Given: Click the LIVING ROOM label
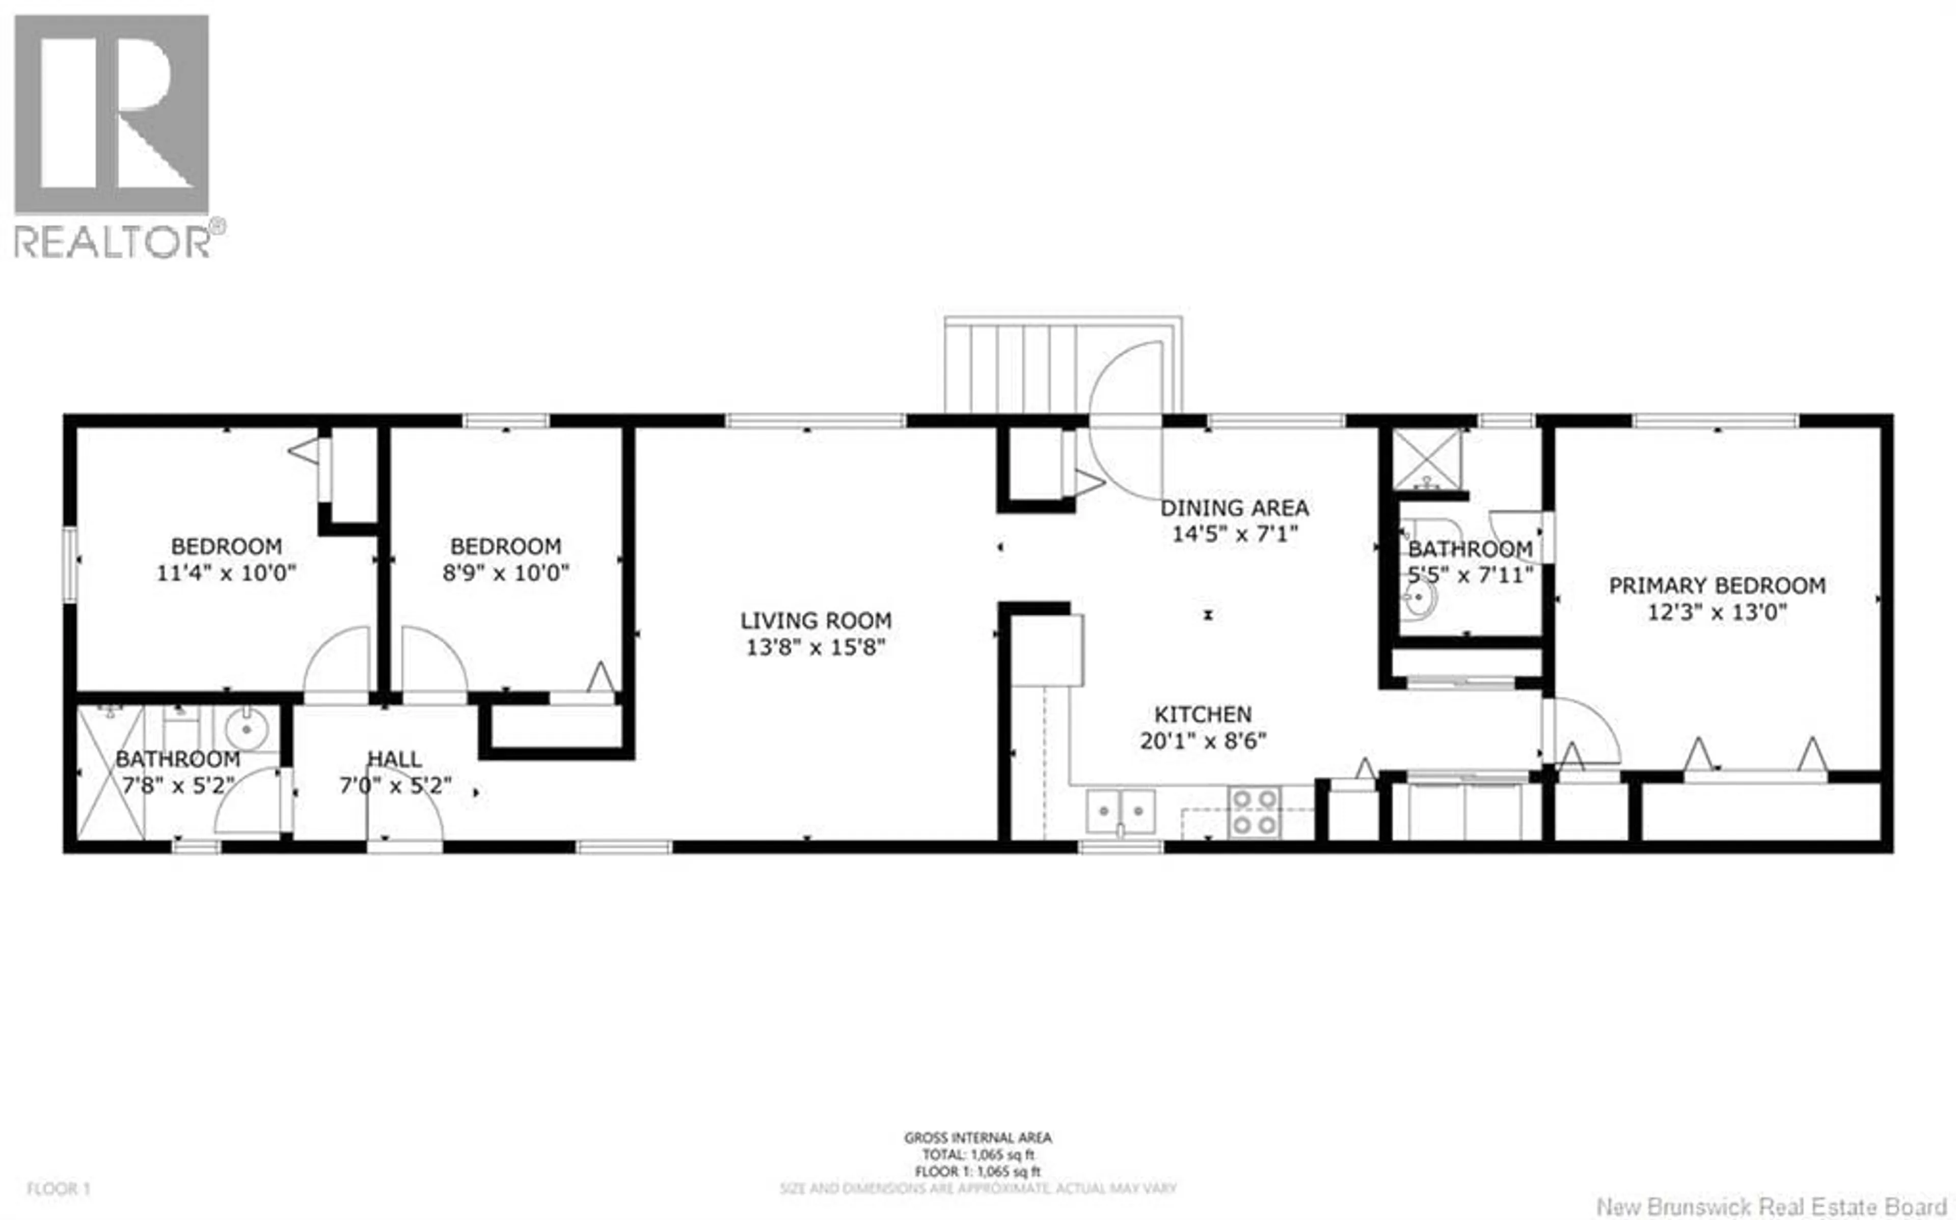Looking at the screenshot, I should [816, 621].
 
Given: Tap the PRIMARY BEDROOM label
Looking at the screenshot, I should [1717, 586].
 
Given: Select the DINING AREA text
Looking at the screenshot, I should [1235, 508].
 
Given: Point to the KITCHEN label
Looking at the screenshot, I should [1202, 714].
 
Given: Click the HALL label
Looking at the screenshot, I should [395, 759].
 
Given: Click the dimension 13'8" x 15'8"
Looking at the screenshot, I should [816, 647].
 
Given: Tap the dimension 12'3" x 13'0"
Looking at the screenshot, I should [1717, 613].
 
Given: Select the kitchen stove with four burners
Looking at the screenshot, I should [1254, 811].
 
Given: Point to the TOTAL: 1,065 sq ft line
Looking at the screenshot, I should [978, 1155].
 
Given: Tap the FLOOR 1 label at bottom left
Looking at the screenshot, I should [58, 1188].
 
